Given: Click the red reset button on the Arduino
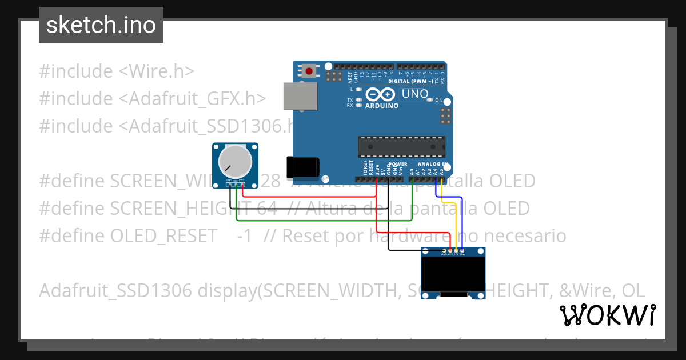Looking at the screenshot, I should pos(309,71).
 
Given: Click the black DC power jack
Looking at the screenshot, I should pos(303,166).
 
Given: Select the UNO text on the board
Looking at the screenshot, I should pos(415,94).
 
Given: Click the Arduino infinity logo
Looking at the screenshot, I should pos(381,95).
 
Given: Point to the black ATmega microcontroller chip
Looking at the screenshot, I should pos(401,147).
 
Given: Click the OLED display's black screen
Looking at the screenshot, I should pos(453,275).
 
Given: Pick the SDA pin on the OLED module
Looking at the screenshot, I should pos(461,251).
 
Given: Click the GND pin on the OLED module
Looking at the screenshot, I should pos(445,251).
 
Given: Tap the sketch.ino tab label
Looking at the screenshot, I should pos(101,25).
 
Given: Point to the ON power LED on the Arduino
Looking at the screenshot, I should pos(430,100).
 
